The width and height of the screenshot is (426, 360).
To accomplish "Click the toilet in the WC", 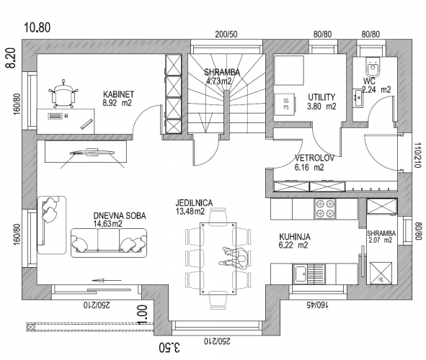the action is (373, 67).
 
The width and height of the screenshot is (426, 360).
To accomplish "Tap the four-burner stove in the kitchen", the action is (325, 209).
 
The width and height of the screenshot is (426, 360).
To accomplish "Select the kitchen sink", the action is (309, 274).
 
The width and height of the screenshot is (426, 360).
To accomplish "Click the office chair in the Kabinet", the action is (63, 94).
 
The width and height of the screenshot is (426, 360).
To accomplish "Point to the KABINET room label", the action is (118, 94).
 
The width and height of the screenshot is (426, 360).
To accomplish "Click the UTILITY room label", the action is (321, 97).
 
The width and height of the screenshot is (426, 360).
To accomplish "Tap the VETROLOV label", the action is (314, 158).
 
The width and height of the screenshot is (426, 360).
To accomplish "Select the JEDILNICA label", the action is (194, 202).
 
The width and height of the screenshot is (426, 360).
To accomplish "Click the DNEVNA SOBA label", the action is (120, 216).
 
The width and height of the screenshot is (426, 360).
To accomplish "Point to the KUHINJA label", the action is (295, 237).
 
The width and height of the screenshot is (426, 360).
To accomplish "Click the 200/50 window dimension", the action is (226, 35).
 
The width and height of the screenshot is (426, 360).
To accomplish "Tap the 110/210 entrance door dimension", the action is (418, 156).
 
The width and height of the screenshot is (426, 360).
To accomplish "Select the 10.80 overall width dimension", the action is (37, 27).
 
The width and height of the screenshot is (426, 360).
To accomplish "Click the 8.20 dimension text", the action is (12, 58).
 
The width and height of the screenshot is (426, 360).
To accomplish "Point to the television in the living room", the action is (92, 152).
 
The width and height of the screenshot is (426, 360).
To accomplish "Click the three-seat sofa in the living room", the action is (109, 243).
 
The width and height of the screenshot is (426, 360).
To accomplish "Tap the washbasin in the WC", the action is (358, 97).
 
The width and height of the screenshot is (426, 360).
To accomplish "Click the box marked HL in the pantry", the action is (381, 273).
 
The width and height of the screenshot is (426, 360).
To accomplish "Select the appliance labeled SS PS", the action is (285, 104).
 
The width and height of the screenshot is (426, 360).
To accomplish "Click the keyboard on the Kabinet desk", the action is (56, 116).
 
